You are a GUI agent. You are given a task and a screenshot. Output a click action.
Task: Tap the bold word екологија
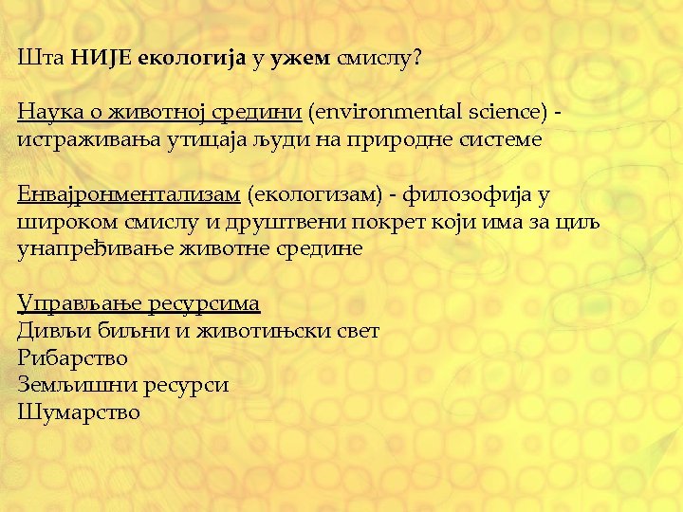193,59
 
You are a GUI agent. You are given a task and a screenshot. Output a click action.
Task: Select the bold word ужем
302,59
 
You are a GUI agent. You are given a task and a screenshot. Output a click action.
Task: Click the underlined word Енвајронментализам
129,195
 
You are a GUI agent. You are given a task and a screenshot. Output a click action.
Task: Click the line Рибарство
72,358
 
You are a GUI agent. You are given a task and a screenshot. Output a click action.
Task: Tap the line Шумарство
79,412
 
